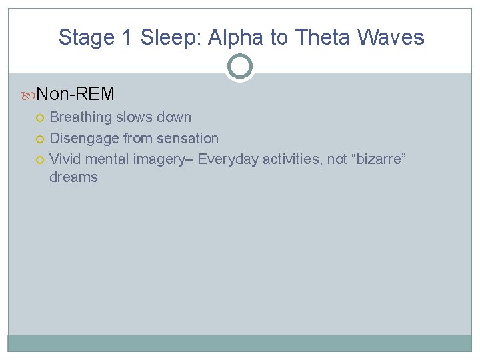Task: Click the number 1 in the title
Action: [x=126, y=37]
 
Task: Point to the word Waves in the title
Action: [x=391, y=37]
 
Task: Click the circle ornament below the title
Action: [x=240, y=67]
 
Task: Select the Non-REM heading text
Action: [x=75, y=94]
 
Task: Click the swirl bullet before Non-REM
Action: [x=29, y=95]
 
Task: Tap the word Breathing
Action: [x=81, y=117]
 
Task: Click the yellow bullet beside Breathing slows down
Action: [x=40, y=118]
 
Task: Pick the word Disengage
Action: [x=85, y=139]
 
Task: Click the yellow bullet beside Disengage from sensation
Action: [x=40, y=139]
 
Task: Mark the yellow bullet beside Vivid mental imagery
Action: [x=40, y=159]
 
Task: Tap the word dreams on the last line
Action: [x=73, y=177]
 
